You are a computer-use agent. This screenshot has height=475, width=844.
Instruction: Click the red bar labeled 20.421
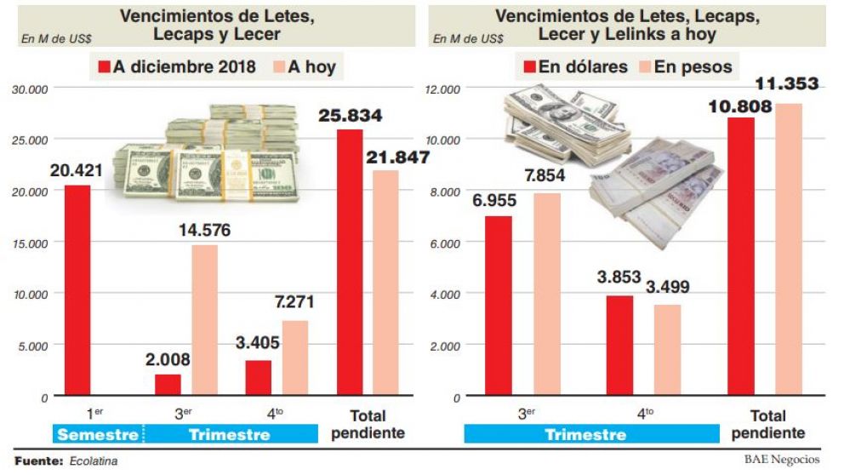click(x=77, y=290)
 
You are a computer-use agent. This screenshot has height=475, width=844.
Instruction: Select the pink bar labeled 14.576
click(x=204, y=320)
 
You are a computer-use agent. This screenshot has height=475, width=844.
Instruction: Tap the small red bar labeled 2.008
click(x=168, y=385)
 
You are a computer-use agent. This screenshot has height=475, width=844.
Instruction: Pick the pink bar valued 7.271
click(x=294, y=358)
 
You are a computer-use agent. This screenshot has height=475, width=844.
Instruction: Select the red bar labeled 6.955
click(x=499, y=306)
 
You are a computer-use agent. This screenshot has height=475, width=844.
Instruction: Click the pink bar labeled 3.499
click(x=667, y=350)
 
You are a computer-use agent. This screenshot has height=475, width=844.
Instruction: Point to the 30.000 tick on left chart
click(x=31, y=89)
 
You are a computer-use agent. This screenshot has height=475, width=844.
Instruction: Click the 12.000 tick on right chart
click(x=444, y=89)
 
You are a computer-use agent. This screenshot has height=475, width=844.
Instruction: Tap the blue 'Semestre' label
click(x=96, y=435)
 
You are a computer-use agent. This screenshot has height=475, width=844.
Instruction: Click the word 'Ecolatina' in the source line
click(x=94, y=461)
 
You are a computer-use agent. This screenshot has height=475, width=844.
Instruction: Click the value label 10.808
click(x=738, y=106)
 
